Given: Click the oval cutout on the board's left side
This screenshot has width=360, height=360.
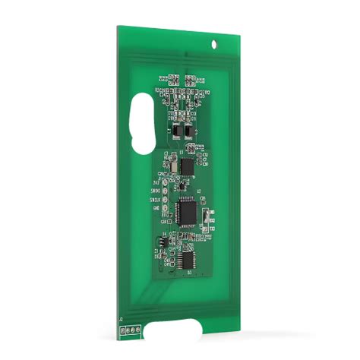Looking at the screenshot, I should pos(141,121).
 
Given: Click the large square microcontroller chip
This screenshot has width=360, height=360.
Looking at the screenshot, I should pos(187,209).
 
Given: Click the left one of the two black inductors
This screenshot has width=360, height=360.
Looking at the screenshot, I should pos(175,130).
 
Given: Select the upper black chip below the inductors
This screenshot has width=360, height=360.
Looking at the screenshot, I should pos(187,165).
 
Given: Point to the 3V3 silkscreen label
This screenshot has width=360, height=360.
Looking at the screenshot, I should pos(157,182).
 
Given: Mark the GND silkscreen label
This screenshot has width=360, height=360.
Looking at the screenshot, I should pos(156,207).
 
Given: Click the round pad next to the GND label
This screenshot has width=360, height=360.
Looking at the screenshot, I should pos(166,207).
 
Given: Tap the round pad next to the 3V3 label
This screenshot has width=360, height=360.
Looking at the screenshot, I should pos(166,182).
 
